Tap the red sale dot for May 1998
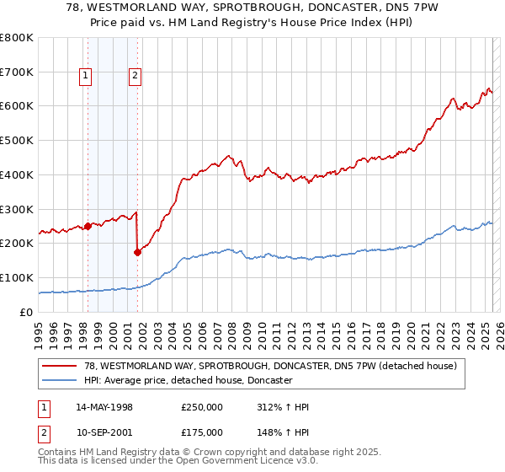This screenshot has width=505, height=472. click(88, 225)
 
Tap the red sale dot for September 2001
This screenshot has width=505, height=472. click(137, 251)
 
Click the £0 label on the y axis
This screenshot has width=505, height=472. click(26, 312)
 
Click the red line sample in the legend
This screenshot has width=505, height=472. click(60, 366)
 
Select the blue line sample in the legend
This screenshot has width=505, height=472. click(60, 380)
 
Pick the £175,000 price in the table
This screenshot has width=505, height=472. click(201, 432)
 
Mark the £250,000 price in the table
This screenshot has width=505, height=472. click(201, 407)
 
